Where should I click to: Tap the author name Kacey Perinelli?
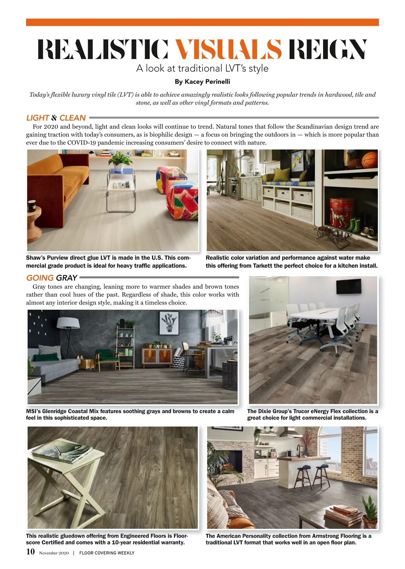(202, 81)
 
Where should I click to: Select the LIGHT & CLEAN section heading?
(56, 118)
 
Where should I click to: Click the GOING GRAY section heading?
(52, 278)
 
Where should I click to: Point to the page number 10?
(30, 552)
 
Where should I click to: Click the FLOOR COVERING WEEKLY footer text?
(107, 553)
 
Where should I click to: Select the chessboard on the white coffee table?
(122, 185)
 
